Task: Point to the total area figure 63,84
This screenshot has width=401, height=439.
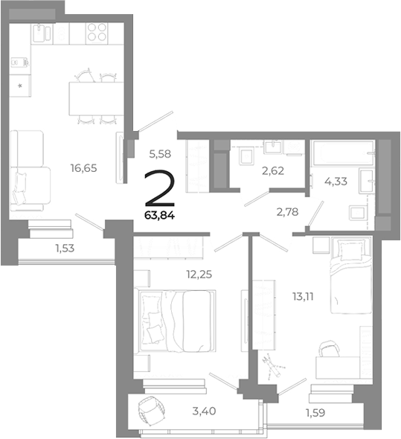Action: tap(161, 217)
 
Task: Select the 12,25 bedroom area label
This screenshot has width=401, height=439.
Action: tap(199, 273)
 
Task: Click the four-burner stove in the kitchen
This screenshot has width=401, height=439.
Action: tap(96, 32)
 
